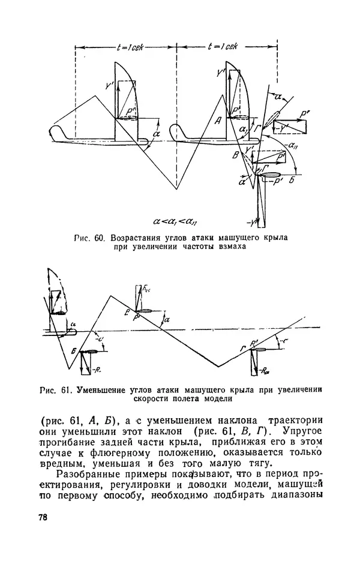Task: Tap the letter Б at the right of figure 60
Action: pos(291,180)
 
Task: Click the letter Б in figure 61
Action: pos(73,352)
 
